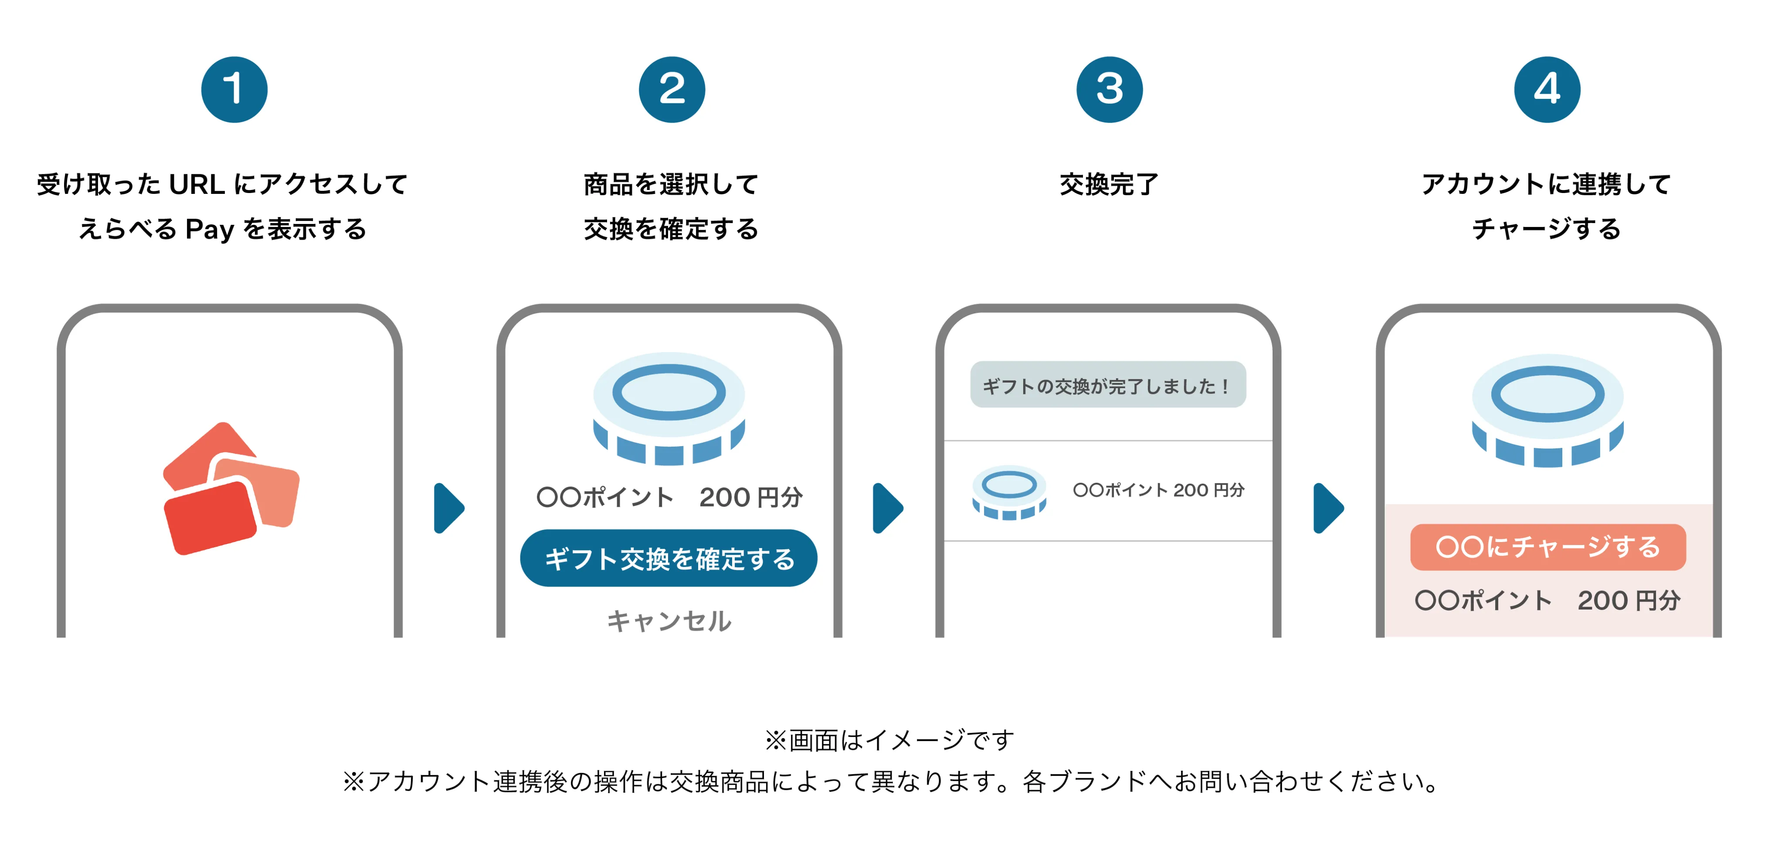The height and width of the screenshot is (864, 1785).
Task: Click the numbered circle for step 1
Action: click(234, 89)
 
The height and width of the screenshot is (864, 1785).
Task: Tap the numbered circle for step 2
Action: click(672, 89)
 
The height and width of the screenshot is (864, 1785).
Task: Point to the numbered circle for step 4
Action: click(1547, 89)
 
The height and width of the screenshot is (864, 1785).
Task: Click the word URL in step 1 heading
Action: click(197, 184)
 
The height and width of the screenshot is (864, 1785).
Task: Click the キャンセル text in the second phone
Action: click(669, 621)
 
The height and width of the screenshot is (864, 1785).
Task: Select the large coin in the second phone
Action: click(669, 409)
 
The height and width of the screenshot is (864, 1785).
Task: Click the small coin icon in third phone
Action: click(1009, 492)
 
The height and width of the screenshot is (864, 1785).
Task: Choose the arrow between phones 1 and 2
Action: click(448, 508)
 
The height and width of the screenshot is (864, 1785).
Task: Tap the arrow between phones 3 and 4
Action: click(1328, 508)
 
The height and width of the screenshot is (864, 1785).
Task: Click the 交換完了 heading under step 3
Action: click(1109, 184)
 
